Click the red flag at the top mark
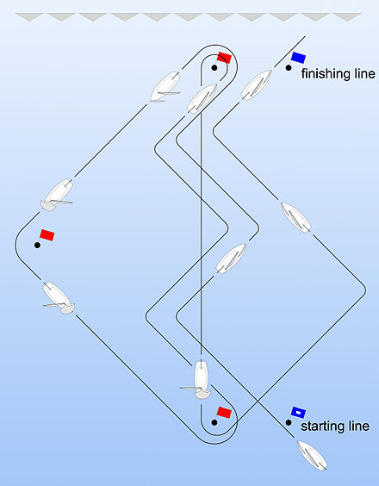coord(224,58)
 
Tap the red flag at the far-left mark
coord(47,235)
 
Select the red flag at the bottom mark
coord(224,413)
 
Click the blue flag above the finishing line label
coord(298,58)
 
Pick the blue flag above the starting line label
coord(298,413)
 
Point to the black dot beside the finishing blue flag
coord(289,67)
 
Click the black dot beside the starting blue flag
coord(289,422)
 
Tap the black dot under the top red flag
coord(214,67)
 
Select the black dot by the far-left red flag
coord(37,246)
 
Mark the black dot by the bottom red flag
coord(214,422)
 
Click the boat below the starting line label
coord(312,455)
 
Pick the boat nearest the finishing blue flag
coord(257,85)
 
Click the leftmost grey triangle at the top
coord(29,17)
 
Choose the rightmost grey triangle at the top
coord(347,17)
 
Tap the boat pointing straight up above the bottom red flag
coord(200,379)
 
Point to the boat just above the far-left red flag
coord(58,195)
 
